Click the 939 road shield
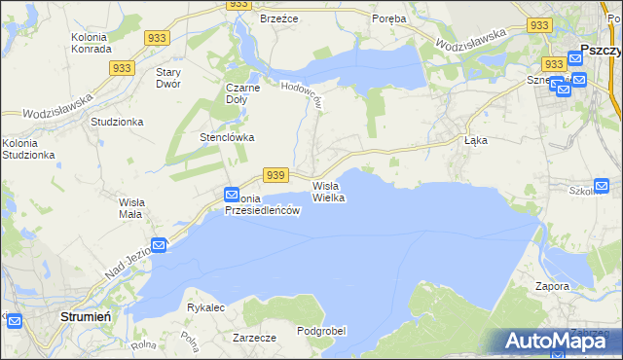275,175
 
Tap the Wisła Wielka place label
329,192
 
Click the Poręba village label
390,18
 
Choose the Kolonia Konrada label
95,45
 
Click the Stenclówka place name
227,137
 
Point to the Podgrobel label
322,331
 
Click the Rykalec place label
206,307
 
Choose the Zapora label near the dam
552,287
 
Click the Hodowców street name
302,93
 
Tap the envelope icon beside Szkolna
601,186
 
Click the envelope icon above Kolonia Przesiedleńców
232,194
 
